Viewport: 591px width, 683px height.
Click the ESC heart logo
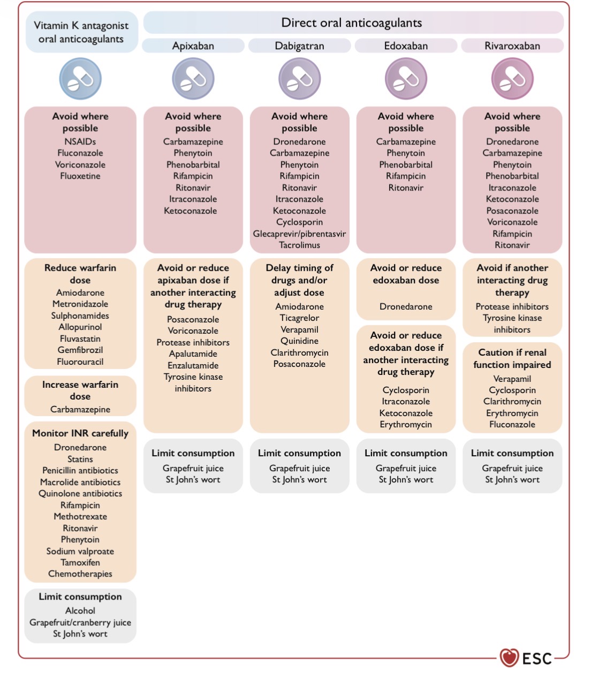pyautogui.click(x=509, y=657)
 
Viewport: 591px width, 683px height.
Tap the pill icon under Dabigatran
pyautogui.click(x=299, y=79)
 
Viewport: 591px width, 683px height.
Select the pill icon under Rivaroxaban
pyautogui.click(x=512, y=79)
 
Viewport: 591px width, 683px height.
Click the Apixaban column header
pyautogui.click(x=193, y=45)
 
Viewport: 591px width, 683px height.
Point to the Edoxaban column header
pyautogui.click(x=406, y=45)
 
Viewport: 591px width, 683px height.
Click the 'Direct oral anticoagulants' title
pyautogui.click(x=352, y=22)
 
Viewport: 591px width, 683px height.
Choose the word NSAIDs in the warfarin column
pyautogui.click(x=80, y=141)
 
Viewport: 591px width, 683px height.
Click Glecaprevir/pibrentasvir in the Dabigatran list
pyautogui.click(x=299, y=234)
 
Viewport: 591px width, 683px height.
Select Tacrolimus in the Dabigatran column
pyautogui.click(x=299, y=245)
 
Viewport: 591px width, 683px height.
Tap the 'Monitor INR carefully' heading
pyautogui.click(x=80, y=433)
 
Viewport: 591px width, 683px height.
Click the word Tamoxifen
pyautogui.click(x=80, y=563)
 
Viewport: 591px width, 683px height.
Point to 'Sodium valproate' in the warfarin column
pyautogui.click(x=80, y=551)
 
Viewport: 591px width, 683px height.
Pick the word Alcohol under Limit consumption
pyautogui.click(x=80, y=611)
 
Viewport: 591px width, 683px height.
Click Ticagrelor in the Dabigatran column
pyautogui.click(x=299, y=318)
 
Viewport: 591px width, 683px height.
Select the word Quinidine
pyautogui.click(x=299, y=341)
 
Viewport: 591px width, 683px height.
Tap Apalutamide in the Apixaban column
pyautogui.click(x=193, y=354)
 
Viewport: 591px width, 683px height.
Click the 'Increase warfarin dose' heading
pyautogui.click(x=80, y=390)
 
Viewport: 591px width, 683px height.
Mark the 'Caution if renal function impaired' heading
pyautogui.click(x=512, y=358)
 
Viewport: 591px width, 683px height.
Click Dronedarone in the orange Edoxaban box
pyautogui.click(x=406, y=306)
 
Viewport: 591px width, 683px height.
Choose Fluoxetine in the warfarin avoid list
pyautogui.click(x=80, y=176)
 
